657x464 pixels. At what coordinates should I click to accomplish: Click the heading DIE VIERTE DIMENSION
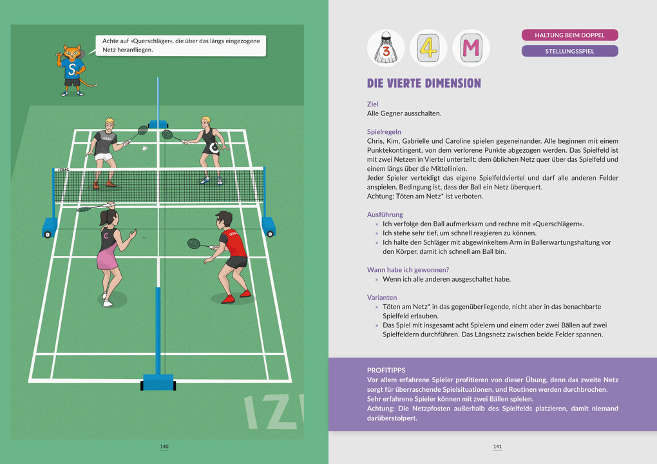(x=424, y=83)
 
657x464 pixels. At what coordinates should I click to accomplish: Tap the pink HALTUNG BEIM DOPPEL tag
(x=569, y=35)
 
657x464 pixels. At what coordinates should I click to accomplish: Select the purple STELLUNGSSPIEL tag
(x=569, y=51)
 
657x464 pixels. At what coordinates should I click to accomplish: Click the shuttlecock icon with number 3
(x=386, y=48)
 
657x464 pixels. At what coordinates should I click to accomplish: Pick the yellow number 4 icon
(x=428, y=48)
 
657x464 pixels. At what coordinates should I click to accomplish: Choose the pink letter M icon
(x=471, y=48)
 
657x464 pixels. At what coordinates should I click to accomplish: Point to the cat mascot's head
(x=72, y=54)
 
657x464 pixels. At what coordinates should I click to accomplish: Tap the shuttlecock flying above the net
(x=146, y=150)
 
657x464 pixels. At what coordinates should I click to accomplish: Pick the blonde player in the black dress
(x=209, y=147)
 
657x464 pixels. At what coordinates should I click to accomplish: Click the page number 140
(x=164, y=447)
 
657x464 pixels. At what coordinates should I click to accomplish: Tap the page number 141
(x=497, y=447)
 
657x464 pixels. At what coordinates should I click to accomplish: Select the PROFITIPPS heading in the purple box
(x=386, y=370)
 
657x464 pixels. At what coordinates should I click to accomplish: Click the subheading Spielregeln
(x=384, y=131)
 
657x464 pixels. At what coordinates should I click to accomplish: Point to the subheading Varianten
(x=381, y=297)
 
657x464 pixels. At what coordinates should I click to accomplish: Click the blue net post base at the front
(x=158, y=382)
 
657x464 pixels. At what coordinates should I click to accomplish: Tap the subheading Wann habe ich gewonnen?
(x=408, y=269)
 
